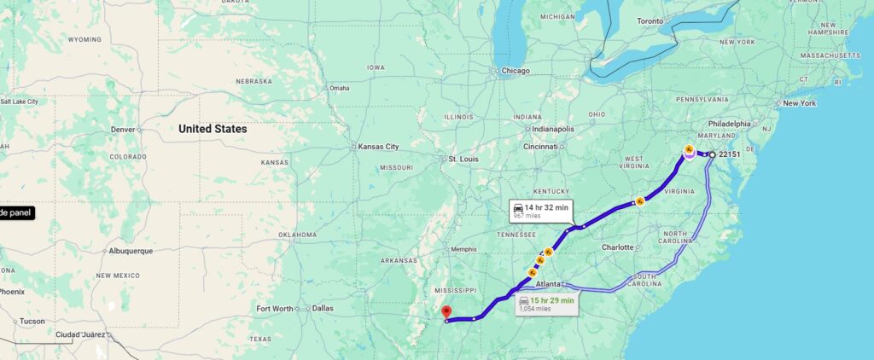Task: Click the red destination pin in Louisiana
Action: [446, 312]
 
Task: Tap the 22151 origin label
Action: [730, 154]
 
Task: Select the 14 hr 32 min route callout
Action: [540, 210]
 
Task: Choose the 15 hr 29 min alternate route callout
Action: [546, 303]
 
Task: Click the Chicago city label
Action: [516, 71]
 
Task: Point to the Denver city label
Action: [123, 130]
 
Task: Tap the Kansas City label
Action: [379, 147]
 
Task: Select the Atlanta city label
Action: [548, 284]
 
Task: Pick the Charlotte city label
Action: [616, 247]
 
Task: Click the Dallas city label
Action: [323, 308]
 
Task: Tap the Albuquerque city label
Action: [131, 251]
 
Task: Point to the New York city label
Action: [799, 103]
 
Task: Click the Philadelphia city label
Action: [728, 123]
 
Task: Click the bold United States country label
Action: [213, 129]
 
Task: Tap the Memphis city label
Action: [463, 249]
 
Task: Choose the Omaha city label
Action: [339, 88]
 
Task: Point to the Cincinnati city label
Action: [541, 146]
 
